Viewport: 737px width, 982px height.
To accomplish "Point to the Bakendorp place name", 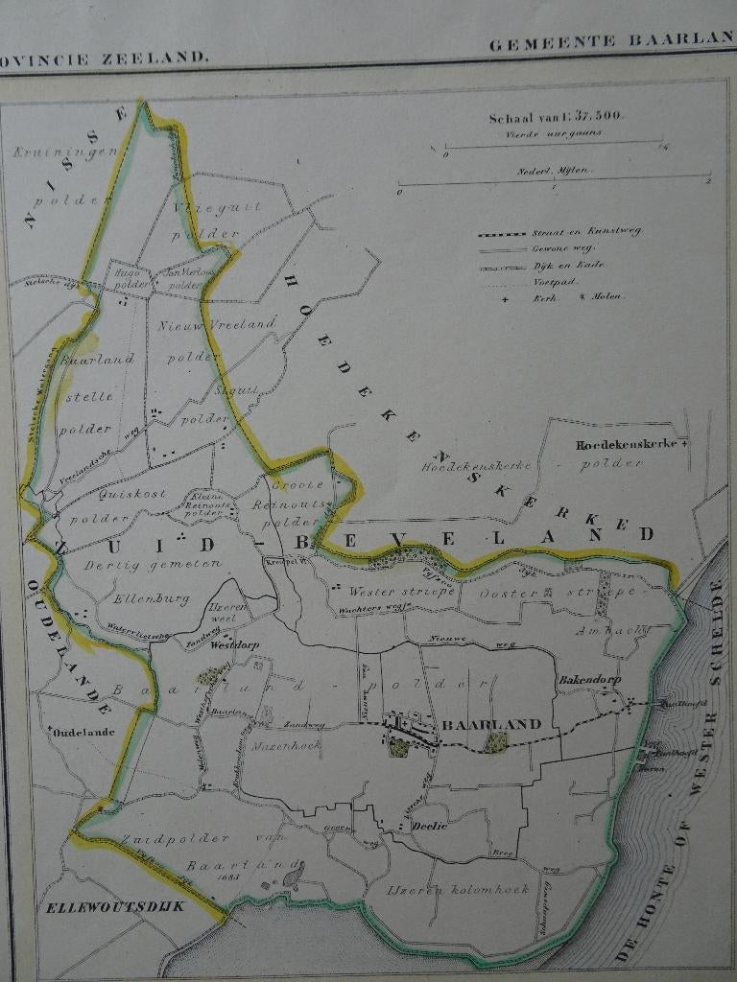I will [x=589, y=680].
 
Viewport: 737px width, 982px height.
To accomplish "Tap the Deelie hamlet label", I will [x=430, y=826].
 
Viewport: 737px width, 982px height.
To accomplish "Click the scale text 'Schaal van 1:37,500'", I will [x=556, y=118].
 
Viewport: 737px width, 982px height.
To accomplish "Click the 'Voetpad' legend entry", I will [x=554, y=282].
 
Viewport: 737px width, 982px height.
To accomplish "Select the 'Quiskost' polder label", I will [x=132, y=494].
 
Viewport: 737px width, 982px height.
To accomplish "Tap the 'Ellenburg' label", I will [x=141, y=600].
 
